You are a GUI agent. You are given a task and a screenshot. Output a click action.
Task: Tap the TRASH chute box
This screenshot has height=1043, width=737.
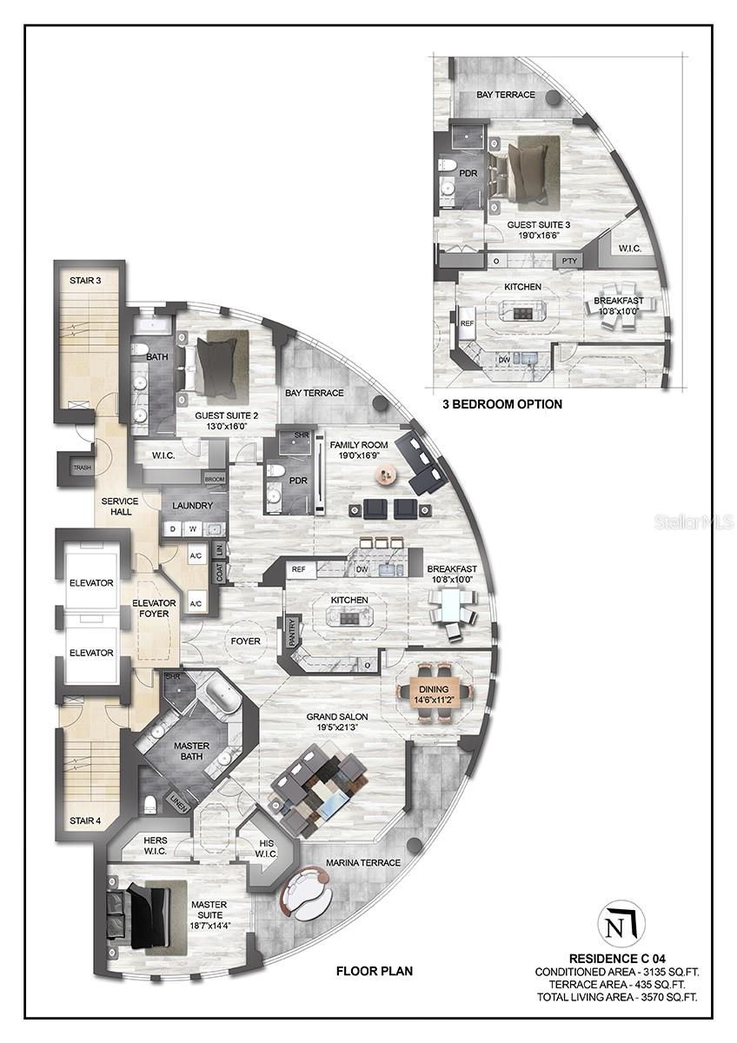82,468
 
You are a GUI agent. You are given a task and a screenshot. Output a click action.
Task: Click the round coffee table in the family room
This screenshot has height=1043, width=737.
385,473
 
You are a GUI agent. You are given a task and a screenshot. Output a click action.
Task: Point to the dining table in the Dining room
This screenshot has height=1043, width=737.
435,691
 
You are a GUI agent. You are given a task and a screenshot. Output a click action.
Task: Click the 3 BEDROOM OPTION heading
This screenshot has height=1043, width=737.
502,404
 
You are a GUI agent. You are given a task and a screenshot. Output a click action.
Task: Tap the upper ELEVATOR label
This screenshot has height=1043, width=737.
91,583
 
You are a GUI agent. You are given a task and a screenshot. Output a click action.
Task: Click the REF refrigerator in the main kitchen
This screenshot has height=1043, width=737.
299,570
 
